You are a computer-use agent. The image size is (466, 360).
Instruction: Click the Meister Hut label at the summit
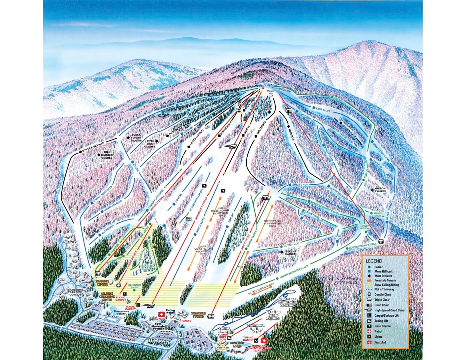(x=270, y=92)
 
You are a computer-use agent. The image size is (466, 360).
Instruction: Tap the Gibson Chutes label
(x=380, y=190)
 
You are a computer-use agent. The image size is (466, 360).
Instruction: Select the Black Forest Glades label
(x=136, y=137)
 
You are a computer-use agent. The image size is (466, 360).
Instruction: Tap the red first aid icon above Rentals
(x=161, y=314)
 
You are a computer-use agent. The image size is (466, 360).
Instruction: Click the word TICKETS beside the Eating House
(x=185, y=321)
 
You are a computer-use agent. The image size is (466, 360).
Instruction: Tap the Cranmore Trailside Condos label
(x=75, y=292)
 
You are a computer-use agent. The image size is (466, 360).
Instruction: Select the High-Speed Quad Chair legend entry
(x=391, y=310)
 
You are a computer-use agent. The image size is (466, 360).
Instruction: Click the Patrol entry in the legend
(x=378, y=331)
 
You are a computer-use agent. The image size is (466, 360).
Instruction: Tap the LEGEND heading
(x=374, y=261)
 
